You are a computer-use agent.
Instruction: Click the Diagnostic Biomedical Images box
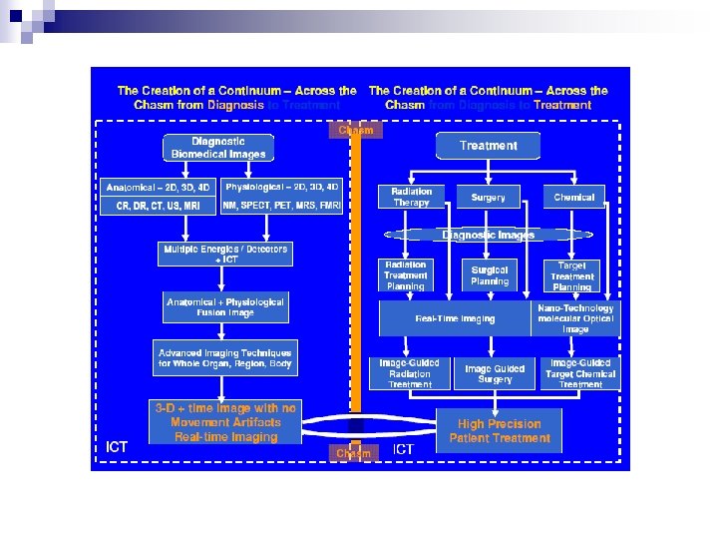click(x=218, y=148)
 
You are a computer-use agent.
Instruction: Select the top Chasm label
click(x=355, y=130)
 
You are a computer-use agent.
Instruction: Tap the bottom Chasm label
click(x=353, y=453)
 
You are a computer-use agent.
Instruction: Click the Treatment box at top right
click(x=488, y=146)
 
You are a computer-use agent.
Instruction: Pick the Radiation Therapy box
click(x=411, y=197)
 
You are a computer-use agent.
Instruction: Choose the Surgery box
click(x=488, y=198)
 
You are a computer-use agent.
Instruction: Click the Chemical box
click(x=574, y=198)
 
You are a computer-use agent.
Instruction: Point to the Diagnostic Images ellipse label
click(x=488, y=236)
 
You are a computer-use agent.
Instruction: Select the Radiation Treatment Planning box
click(x=405, y=275)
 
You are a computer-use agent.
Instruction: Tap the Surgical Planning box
click(x=489, y=275)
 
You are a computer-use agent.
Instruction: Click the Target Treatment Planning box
click(x=572, y=275)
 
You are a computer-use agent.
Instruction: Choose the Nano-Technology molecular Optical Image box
click(x=575, y=319)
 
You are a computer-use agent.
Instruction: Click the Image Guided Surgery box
click(x=495, y=374)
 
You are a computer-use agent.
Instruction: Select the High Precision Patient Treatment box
click(x=500, y=431)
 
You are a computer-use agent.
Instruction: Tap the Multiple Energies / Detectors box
click(x=226, y=254)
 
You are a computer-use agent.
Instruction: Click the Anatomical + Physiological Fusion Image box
click(x=225, y=306)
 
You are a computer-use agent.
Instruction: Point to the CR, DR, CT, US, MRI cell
click(x=159, y=206)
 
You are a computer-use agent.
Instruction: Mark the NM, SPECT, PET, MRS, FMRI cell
click(x=281, y=206)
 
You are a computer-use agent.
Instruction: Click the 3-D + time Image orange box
click(x=225, y=422)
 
